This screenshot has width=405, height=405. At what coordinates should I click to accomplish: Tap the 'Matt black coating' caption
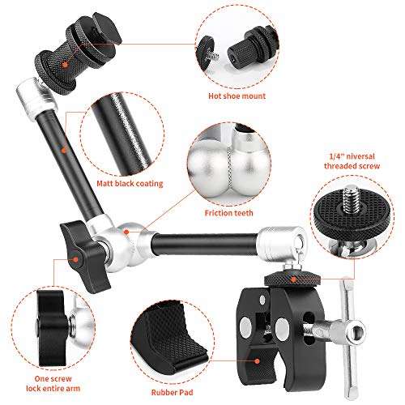126,184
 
